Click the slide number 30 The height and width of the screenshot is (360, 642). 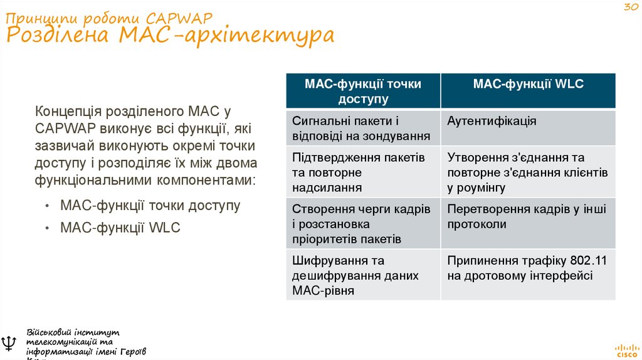point(629,8)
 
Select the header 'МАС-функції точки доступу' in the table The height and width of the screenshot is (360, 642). point(363,91)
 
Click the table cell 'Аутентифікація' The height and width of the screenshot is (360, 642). point(492,121)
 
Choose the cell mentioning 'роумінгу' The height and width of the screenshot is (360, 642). point(527,172)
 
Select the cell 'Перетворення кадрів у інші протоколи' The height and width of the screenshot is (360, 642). point(527,217)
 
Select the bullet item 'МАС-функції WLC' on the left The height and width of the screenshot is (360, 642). point(120,228)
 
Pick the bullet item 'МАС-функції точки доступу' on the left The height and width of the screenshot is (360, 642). point(150,205)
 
